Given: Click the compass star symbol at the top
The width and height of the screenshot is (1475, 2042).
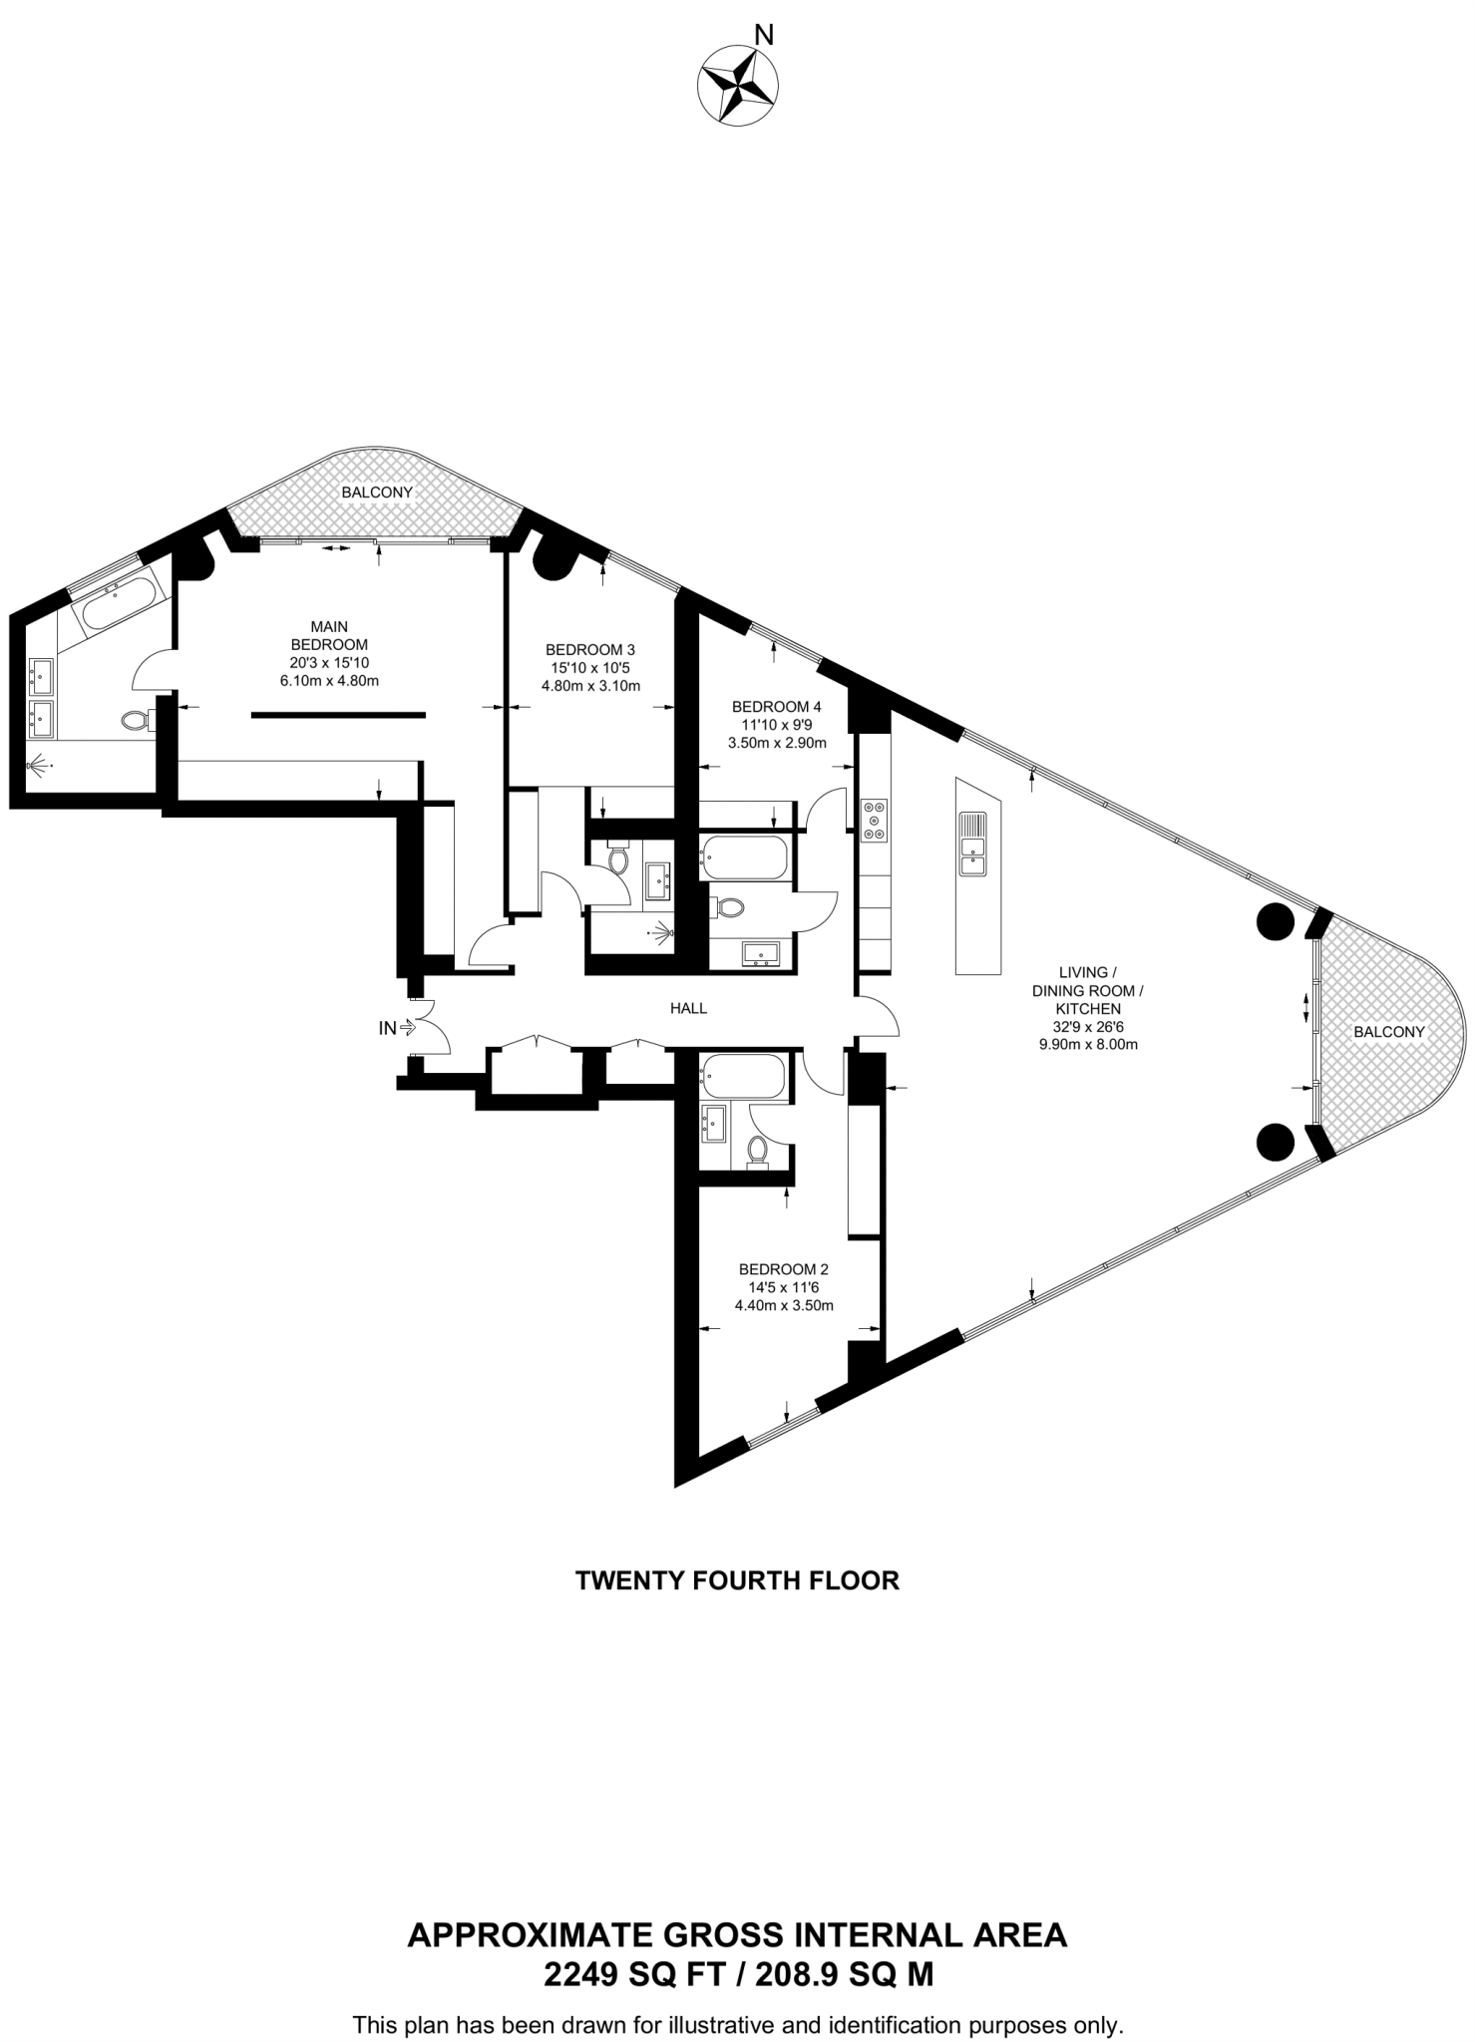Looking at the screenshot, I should pos(738,87).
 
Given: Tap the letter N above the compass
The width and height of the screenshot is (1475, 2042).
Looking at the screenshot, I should pos(764,36).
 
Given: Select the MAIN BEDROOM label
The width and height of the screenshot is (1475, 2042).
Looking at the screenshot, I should pos(329,635).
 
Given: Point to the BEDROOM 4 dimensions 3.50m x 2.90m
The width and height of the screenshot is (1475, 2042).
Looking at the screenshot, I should pos(776,743).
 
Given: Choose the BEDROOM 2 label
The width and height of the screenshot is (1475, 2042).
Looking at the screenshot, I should pos(783,1269).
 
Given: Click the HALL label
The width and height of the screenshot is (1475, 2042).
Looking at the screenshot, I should pos(688,1008).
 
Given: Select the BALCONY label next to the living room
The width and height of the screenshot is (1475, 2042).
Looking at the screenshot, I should pos(1388,1032).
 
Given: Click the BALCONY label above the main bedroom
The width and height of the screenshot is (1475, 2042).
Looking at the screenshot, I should pos(376,493).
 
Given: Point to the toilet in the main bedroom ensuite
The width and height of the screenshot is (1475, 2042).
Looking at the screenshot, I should pos(136,718).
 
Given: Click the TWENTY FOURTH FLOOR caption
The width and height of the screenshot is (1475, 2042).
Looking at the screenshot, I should pos(737,1580).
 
